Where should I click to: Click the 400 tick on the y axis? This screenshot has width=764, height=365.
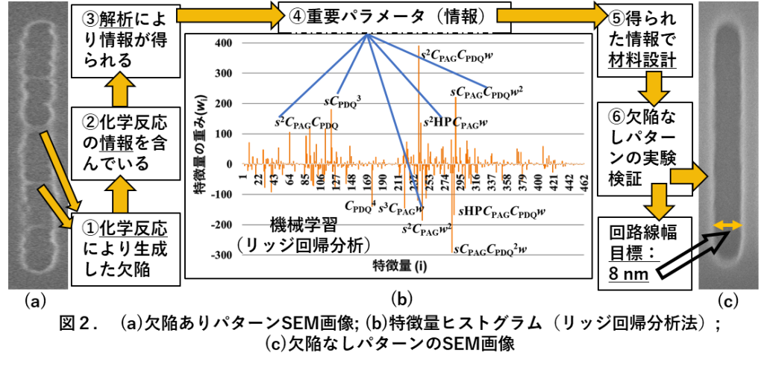click(223, 43)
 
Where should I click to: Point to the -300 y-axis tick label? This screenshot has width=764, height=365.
click(222, 255)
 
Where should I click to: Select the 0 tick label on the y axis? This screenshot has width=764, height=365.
click(228, 164)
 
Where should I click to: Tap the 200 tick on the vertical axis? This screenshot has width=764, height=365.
click(223, 104)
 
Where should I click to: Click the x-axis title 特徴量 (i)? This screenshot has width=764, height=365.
click(399, 266)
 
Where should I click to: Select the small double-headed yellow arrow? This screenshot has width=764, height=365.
click(727, 225)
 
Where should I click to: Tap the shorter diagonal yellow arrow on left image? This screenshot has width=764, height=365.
click(54, 207)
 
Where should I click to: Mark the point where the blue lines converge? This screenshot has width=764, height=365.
click(367, 34)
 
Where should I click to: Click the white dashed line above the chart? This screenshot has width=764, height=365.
click(390, 31)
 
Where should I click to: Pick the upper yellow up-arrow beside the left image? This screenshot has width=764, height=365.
click(119, 90)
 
